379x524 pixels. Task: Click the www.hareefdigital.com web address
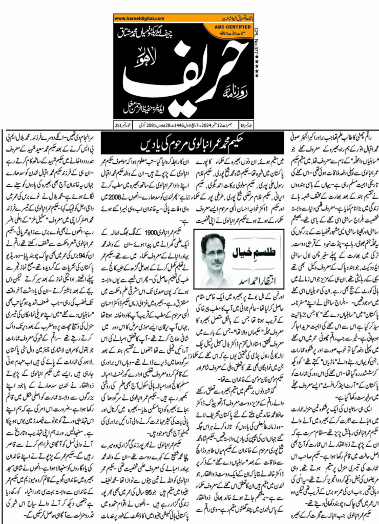pyautogui.click(x=140, y=19)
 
